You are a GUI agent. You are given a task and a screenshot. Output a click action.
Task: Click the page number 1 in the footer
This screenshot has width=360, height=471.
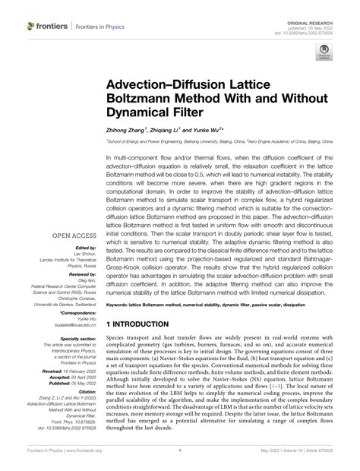click(x=180, y=460)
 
